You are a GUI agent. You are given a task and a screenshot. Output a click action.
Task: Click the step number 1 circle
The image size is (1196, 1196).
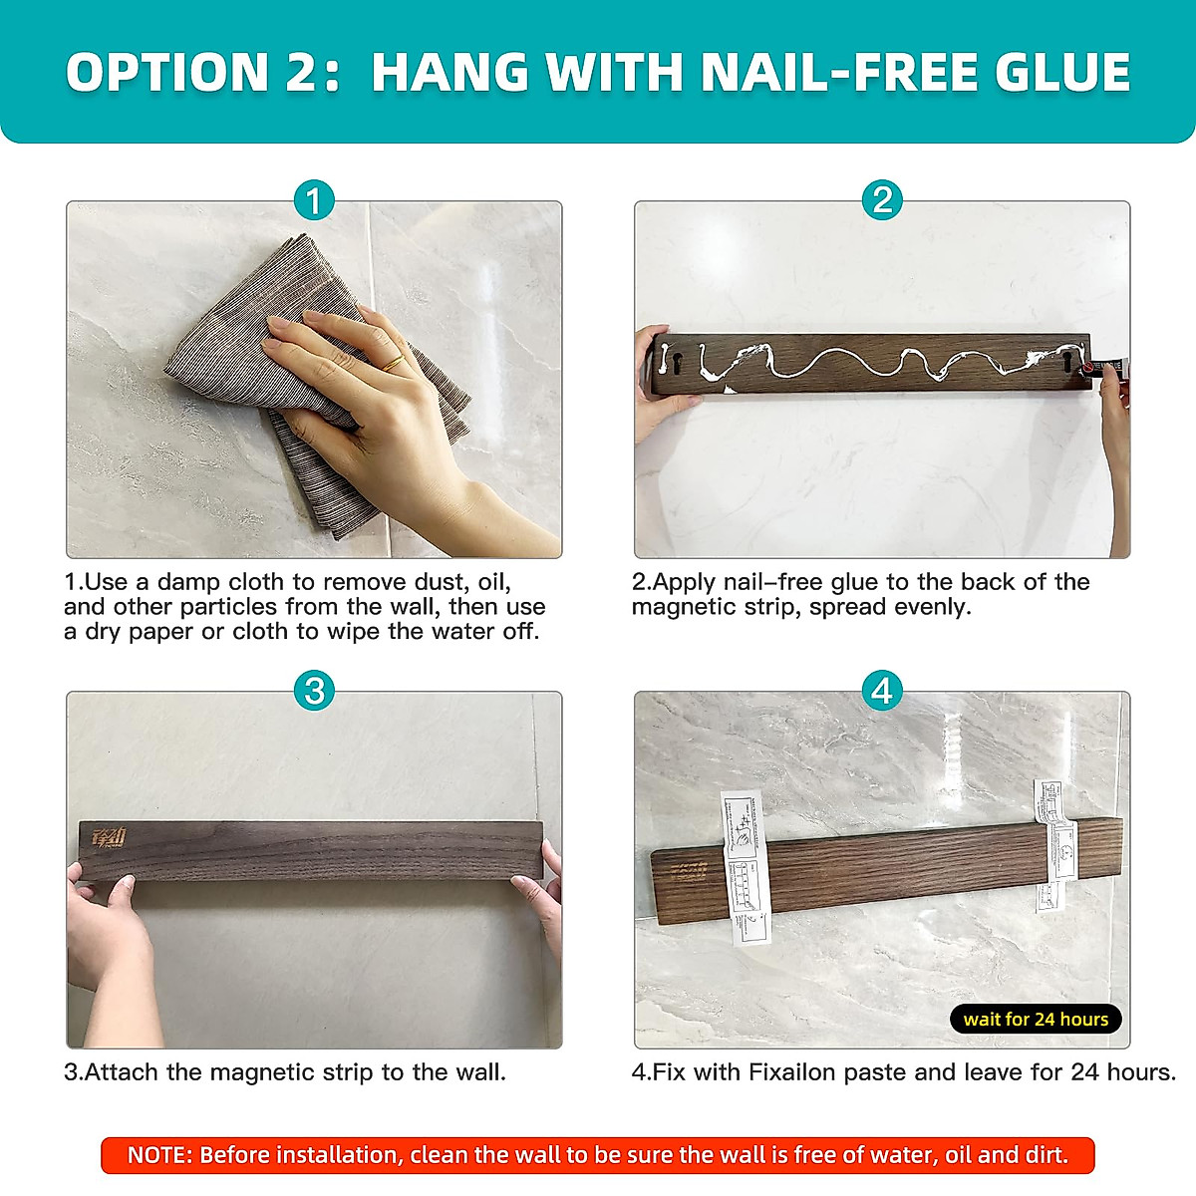(314, 201)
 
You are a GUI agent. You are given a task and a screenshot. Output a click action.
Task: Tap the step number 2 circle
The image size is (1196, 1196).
(882, 201)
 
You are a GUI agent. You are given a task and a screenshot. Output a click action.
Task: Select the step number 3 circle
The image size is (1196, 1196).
(314, 691)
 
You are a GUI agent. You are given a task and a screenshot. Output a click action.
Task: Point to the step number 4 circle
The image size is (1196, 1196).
(882, 691)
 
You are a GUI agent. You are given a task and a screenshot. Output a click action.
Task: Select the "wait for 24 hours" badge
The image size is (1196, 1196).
(1036, 1019)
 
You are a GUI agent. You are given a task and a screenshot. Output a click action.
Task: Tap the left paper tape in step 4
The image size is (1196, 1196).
(747, 867)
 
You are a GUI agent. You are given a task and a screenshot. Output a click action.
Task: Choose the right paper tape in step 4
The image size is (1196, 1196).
(1054, 842)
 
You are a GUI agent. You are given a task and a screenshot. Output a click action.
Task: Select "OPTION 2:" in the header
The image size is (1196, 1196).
(203, 73)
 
